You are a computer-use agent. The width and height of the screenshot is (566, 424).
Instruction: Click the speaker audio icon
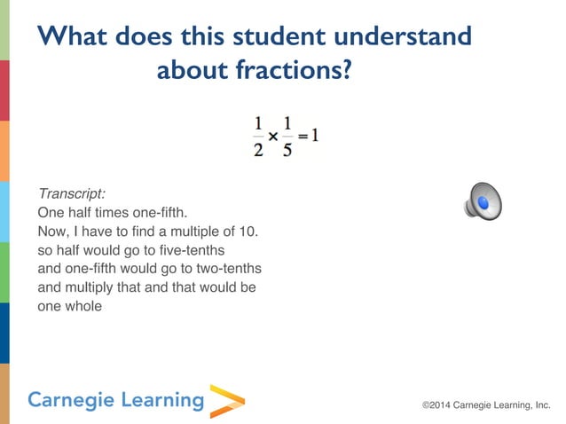[483, 201]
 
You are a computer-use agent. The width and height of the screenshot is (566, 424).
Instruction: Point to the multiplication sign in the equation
[273, 137]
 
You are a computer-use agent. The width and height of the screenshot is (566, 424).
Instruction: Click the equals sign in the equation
[302, 137]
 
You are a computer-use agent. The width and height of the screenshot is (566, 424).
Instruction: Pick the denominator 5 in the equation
[287, 149]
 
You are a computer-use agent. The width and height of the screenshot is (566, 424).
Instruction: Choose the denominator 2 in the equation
[258, 149]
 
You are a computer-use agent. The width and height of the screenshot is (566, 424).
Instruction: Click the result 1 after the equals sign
[314, 136]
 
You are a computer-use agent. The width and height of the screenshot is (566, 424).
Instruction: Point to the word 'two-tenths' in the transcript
[226, 269]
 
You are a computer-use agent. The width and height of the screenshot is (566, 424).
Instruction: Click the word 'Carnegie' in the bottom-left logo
[70, 400]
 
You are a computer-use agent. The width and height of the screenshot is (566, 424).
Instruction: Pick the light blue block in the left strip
[4, 212]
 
